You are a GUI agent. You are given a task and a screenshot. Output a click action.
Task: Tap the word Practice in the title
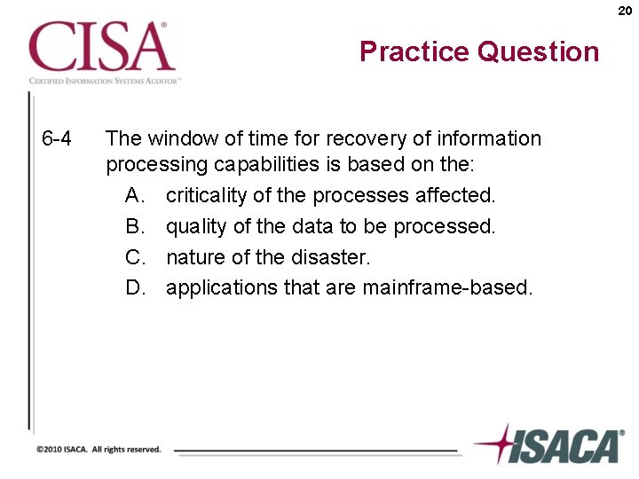click(414, 51)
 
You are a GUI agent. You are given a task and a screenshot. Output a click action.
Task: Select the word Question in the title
click(538, 51)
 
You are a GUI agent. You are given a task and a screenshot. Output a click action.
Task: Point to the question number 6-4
click(57, 139)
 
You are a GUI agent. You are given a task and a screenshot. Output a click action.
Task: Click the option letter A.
click(135, 195)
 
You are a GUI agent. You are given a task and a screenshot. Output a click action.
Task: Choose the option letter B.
click(135, 226)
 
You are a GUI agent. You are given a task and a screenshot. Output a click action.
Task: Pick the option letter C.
click(135, 257)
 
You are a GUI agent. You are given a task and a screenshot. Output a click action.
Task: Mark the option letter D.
click(135, 287)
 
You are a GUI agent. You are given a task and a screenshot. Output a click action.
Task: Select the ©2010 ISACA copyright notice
click(99, 450)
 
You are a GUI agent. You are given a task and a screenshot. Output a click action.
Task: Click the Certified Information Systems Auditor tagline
click(105, 80)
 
